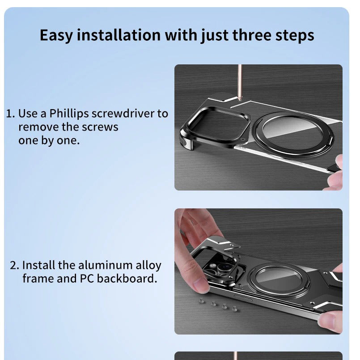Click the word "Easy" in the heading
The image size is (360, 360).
coord(56,36)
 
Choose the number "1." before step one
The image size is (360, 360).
coord(11,114)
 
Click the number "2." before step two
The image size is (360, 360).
coord(15,265)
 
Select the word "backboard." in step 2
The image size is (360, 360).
coord(127,279)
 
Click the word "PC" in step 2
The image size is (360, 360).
coord(87,279)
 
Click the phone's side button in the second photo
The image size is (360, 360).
coord(243,298)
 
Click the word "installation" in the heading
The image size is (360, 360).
coord(119,35)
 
